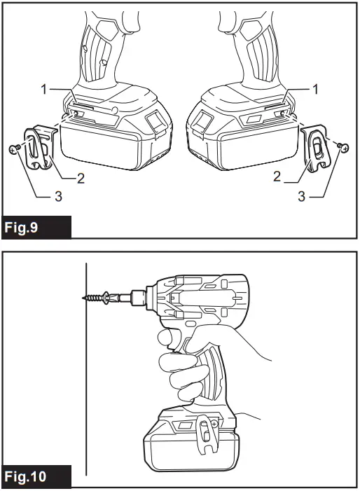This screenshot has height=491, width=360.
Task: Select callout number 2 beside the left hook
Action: (81, 178)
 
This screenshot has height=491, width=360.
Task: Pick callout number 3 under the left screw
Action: (58, 197)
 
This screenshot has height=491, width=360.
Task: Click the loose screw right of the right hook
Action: (341, 146)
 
